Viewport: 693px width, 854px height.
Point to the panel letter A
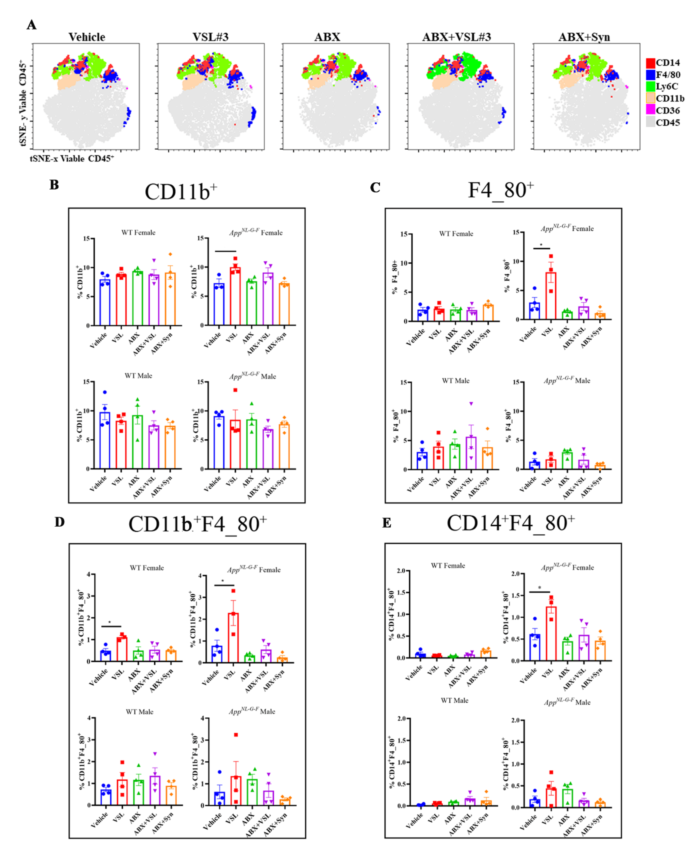[32, 25]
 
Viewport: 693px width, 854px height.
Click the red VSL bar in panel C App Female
[551, 296]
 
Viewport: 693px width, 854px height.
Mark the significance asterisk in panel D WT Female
[110, 622]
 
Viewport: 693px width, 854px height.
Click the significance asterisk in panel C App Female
[541, 245]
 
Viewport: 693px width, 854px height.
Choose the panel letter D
[60, 522]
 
